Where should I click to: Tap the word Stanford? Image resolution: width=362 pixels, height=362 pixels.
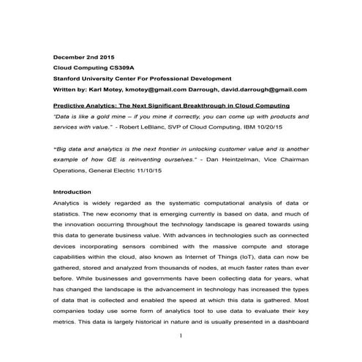pos(69,78)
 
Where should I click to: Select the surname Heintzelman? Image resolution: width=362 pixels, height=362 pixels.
pos(244,158)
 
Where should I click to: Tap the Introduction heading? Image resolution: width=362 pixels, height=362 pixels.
pos(72,192)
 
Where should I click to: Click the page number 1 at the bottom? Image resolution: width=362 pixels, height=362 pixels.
pos(181,337)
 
